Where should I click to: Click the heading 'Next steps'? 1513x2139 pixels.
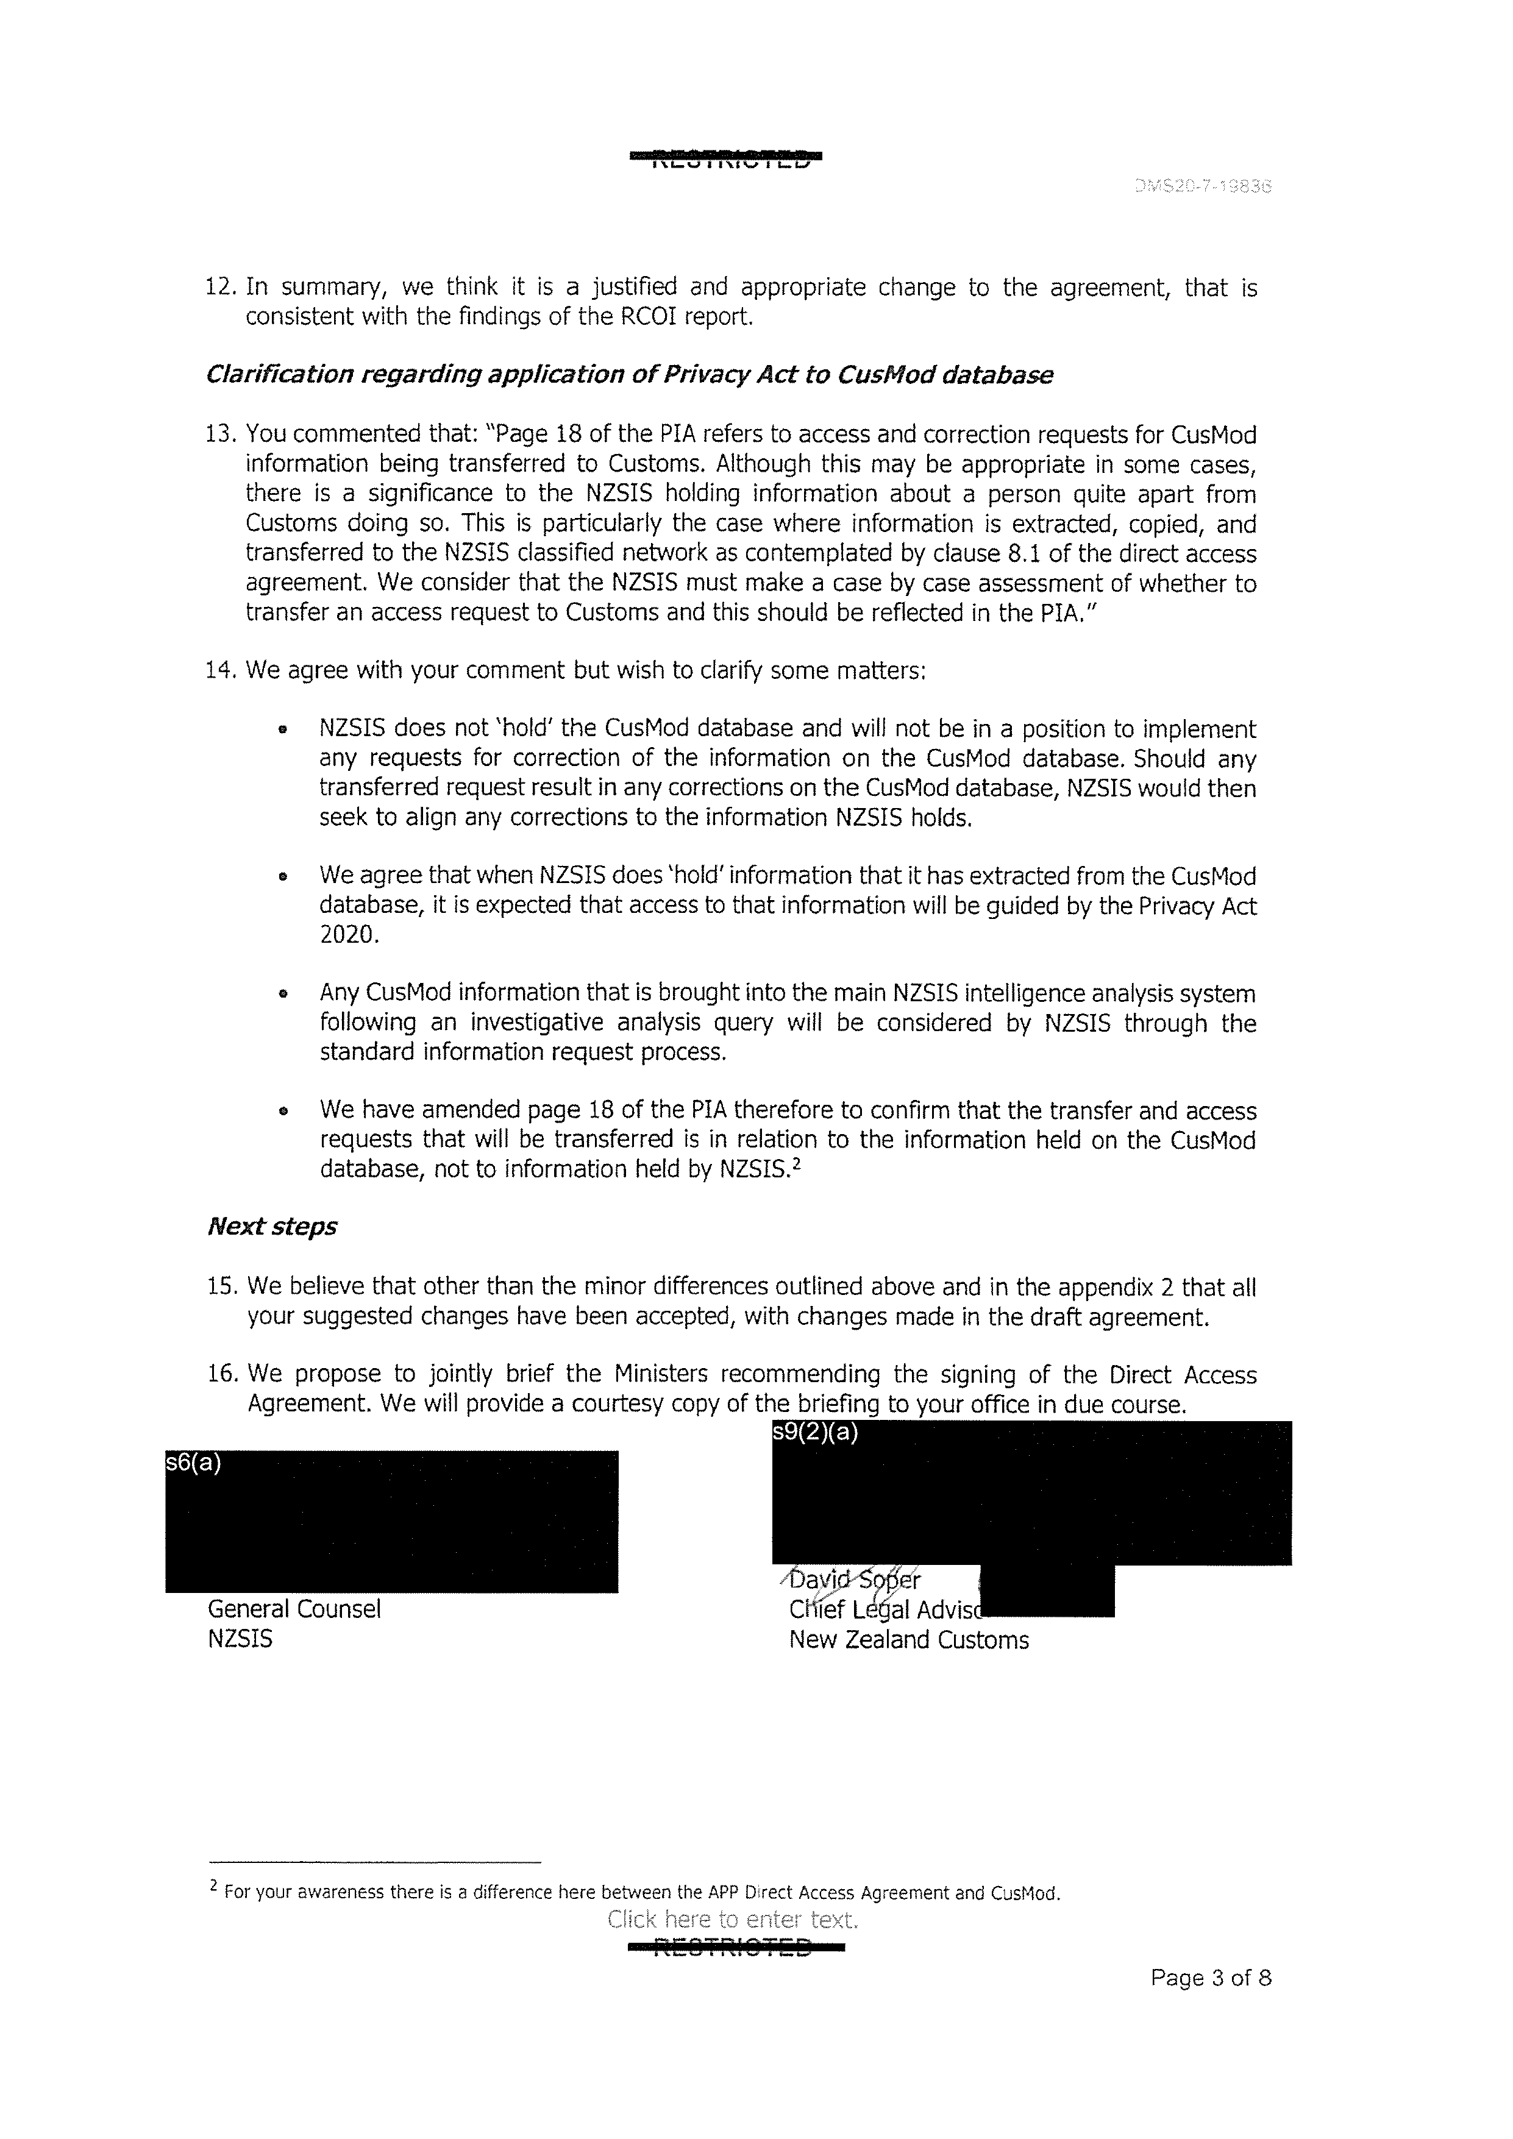(271, 1226)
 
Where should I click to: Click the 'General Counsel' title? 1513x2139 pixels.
(293, 1609)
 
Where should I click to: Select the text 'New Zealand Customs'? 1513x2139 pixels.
(908, 1640)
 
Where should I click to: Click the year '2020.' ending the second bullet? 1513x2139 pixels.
(349, 934)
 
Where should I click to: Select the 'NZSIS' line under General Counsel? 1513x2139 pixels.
(240, 1639)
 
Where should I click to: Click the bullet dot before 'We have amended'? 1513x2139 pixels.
(282, 1112)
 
